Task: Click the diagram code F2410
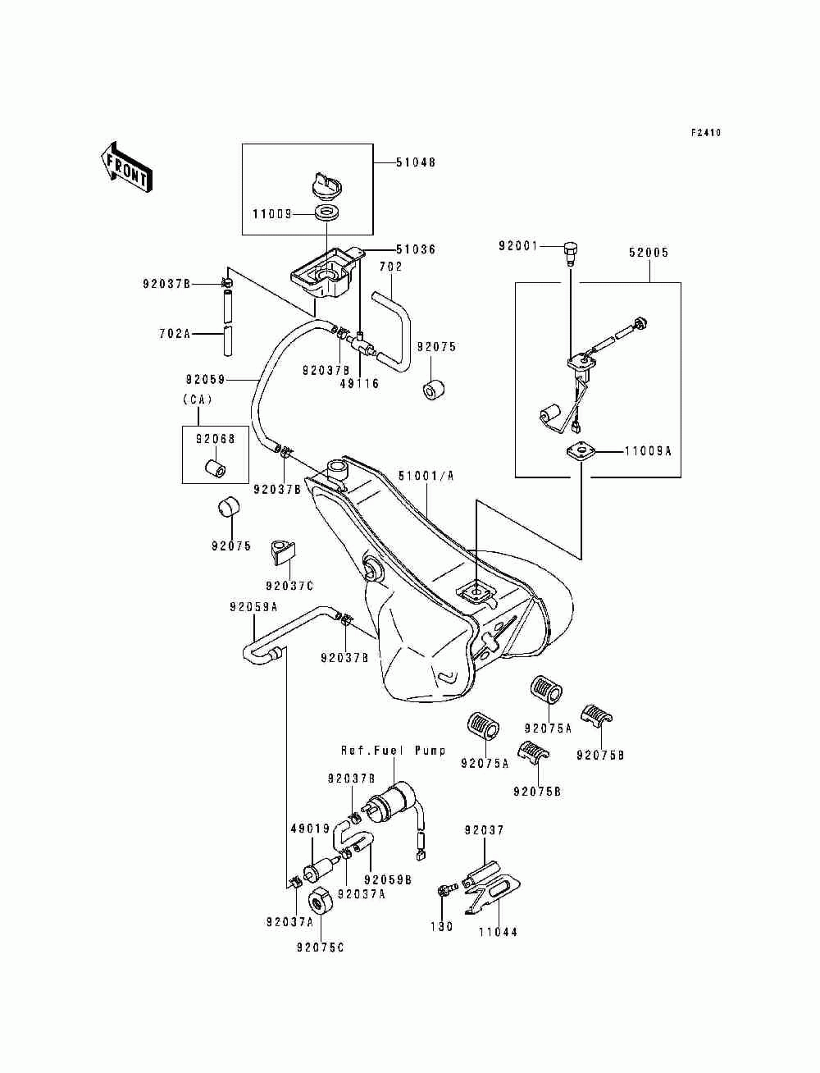(x=706, y=132)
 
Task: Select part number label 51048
(x=416, y=162)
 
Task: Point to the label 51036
(x=416, y=249)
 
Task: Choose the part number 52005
(x=649, y=253)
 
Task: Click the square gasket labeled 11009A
(x=581, y=450)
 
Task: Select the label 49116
(x=360, y=383)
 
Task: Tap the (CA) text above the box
(x=198, y=400)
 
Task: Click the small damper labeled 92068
(x=215, y=468)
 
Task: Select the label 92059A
(x=253, y=607)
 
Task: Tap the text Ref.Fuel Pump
(x=394, y=751)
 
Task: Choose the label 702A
(x=175, y=334)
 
